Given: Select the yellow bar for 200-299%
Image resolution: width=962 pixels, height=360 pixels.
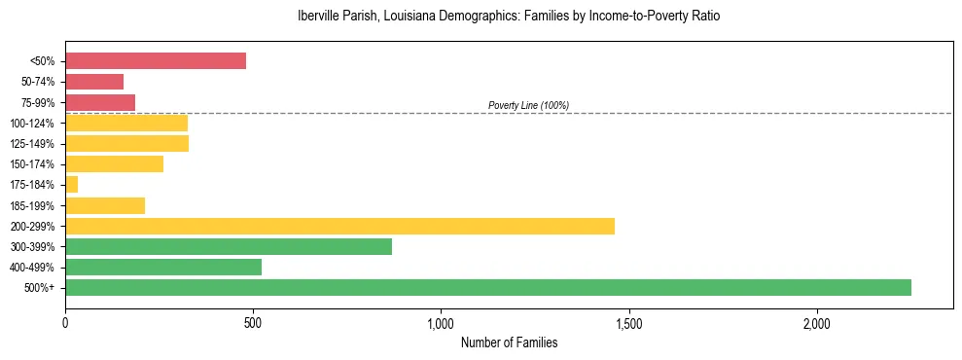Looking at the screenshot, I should [339, 226].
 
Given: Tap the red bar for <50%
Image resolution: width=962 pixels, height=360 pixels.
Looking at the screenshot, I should [156, 60].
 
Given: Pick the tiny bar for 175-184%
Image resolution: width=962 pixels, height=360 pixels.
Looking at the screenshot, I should [71, 184].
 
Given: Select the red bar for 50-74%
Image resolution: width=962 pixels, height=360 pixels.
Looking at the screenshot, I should [94, 81].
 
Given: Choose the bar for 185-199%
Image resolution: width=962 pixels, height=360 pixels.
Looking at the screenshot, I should [105, 205].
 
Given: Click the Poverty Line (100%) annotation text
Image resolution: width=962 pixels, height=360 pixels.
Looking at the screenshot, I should [528, 105].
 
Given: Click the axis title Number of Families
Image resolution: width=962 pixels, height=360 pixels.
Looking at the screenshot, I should [509, 342].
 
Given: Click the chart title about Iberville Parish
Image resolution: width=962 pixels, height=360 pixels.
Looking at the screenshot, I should [509, 17].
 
